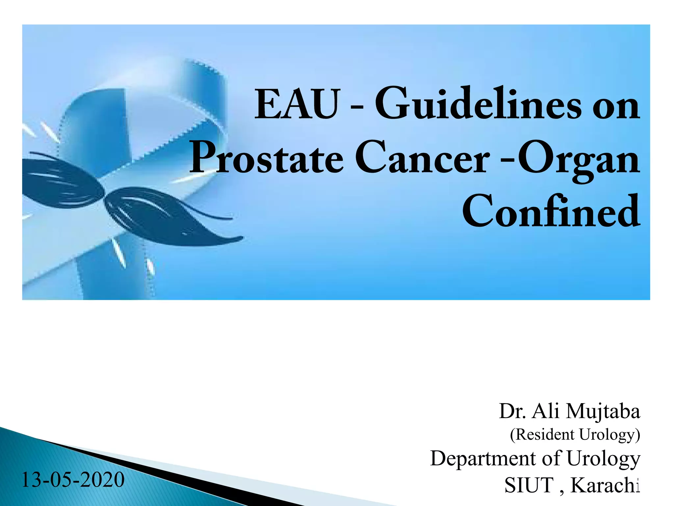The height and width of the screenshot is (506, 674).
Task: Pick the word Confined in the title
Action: pos(551,211)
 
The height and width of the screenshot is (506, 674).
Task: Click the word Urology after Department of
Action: pos(603,459)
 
